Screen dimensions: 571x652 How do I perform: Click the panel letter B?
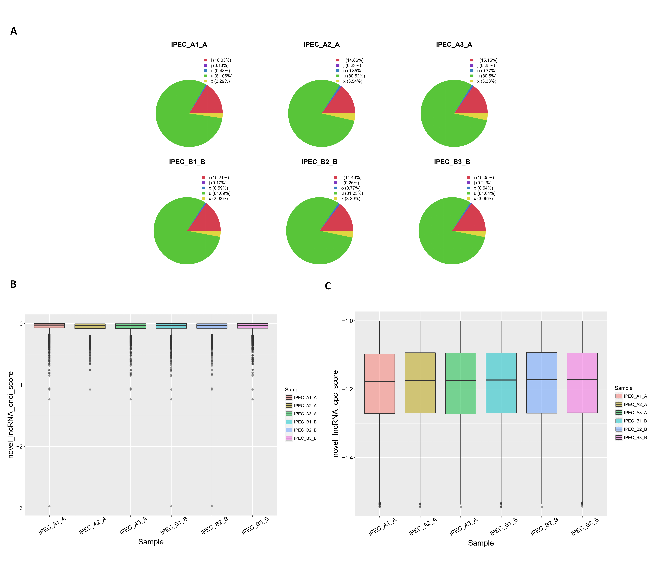point(13,284)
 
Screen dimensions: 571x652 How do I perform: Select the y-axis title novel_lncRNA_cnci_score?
point(11,415)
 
